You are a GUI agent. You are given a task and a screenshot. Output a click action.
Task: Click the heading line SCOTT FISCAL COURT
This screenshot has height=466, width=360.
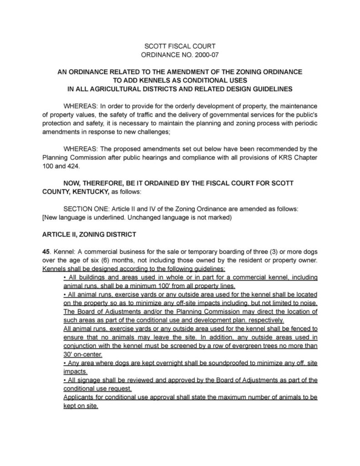tap(179, 46)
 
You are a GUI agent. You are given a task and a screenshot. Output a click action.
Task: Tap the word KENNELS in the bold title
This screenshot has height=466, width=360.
tap(146, 80)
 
